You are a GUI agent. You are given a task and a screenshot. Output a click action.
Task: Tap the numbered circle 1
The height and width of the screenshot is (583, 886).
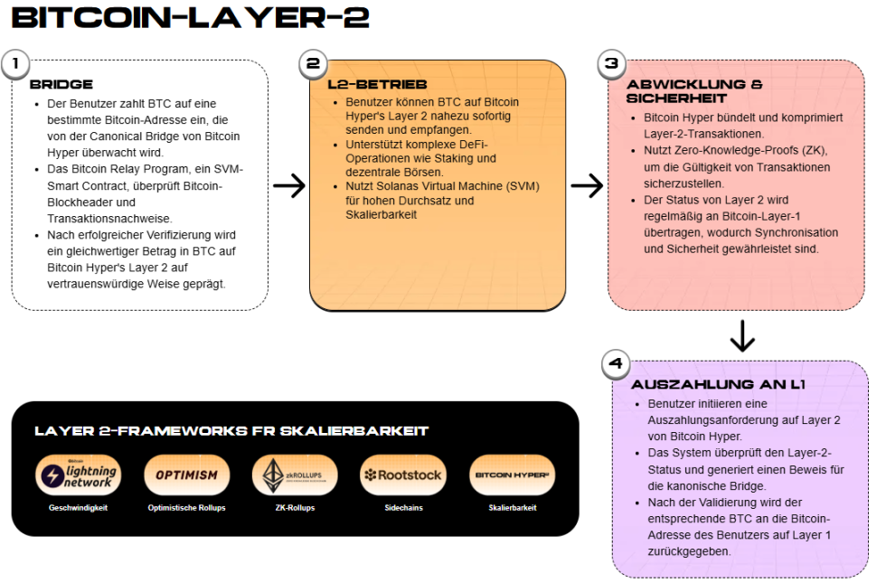(15, 64)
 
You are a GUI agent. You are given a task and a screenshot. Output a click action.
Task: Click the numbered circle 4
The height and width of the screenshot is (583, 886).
(616, 364)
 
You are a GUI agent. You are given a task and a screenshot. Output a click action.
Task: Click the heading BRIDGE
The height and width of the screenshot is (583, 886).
(61, 85)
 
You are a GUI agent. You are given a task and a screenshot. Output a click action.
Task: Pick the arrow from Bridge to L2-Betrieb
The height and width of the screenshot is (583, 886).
(289, 186)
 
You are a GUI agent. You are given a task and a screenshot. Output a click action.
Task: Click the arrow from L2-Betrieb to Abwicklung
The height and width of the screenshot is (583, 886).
(587, 186)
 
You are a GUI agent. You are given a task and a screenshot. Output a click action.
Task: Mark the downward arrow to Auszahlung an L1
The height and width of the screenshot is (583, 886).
(741, 335)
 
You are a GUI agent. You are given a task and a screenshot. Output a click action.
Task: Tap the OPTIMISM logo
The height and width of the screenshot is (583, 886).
(186, 475)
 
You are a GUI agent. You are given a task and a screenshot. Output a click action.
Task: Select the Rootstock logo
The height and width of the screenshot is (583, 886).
(401, 475)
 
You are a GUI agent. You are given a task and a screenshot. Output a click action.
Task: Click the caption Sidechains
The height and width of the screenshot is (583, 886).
(401, 508)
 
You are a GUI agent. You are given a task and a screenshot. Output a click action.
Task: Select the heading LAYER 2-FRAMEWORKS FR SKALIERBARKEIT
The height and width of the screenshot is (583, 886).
(231, 431)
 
